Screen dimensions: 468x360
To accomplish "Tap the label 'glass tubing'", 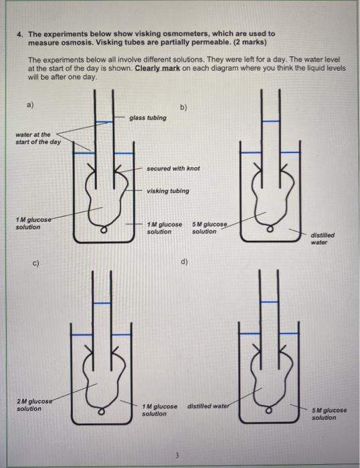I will (x=148, y=118).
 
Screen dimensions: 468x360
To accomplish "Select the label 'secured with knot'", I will (x=173, y=168).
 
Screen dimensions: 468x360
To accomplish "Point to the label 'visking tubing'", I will (x=167, y=191).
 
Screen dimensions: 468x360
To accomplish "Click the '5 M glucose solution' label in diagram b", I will (x=209, y=227).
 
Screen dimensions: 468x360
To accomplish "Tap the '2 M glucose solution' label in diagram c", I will (x=33, y=405).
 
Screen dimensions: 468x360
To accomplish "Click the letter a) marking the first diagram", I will (x=30, y=105).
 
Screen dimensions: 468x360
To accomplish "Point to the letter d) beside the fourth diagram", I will (x=184, y=263).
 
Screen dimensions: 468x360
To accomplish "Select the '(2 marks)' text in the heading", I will (x=249, y=42).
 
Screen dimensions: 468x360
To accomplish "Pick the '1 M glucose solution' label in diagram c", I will (x=160, y=410).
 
